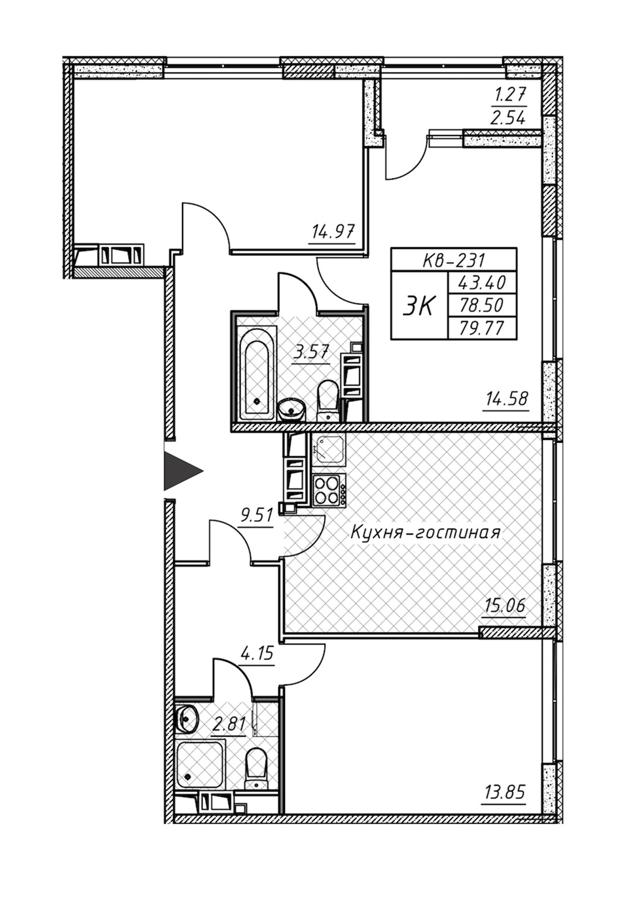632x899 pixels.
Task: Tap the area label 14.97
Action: click(332, 232)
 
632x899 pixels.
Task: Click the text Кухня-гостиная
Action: click(425, 533)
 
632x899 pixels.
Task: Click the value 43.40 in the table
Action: click(482, 283)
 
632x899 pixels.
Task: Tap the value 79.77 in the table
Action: click(482, 328)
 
